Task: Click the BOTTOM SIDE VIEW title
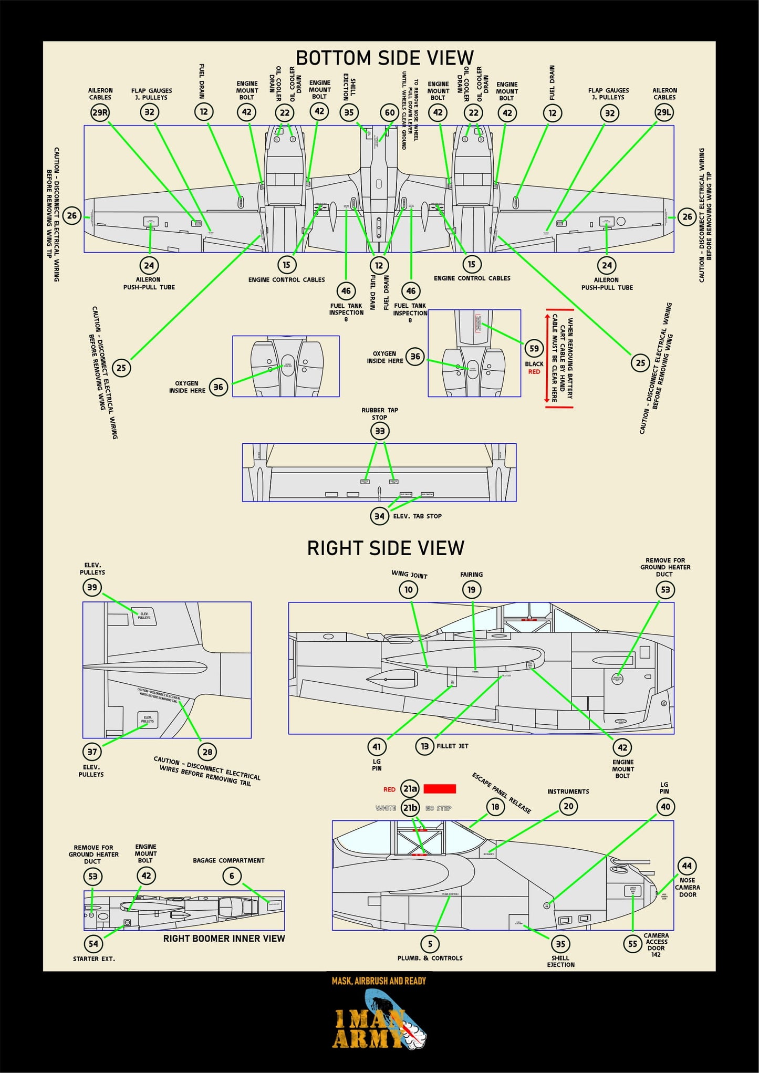(384, 58)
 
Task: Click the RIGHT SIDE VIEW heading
(386, 548)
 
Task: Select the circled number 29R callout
(100, 112)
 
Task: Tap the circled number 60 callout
(389, 112)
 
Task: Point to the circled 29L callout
(664, 112)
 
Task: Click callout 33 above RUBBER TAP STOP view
(380, 431)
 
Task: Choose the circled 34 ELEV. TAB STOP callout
(379, 516)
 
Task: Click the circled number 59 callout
(534, 348)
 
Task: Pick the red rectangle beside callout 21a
(440, 788)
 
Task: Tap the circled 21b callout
(410, 808)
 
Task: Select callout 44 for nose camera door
(687, 866)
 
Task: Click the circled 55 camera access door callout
(632, 944)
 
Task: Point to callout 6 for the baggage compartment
(232, 876)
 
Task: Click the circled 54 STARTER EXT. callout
(93, 944)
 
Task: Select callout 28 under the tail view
(207, 752)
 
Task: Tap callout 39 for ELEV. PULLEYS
(92, 587)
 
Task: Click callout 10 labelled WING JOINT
(409, 590)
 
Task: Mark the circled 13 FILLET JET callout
(424, 746)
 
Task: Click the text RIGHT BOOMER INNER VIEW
(224, 939)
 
